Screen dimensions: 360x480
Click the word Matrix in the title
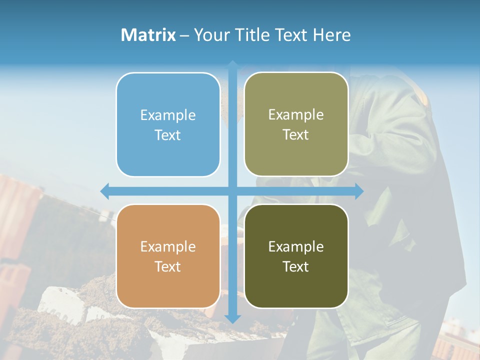[148, 35]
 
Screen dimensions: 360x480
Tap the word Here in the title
[331, 35]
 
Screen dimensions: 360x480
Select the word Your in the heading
[209, 35]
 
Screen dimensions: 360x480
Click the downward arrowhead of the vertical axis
[232, 318]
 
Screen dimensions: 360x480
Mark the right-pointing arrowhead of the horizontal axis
[358, 191]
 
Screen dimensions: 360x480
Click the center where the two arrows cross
[232, 191]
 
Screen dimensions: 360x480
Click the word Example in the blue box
[168, 115]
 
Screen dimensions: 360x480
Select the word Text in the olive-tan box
[296, 135]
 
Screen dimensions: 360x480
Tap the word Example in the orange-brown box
[168, 247]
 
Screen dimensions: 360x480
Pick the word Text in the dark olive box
[296, 266]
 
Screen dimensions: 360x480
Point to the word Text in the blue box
[168, 135]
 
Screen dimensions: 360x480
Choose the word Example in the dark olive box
[296, 247]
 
